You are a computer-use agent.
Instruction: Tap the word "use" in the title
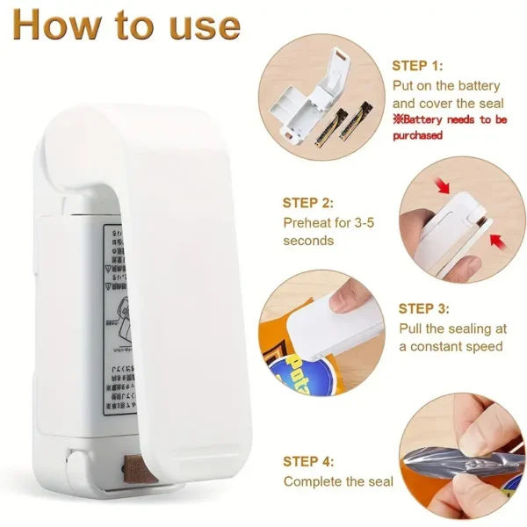(203, 25)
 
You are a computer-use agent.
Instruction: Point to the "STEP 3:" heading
(424, 308)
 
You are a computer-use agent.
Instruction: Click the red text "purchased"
(417, 135)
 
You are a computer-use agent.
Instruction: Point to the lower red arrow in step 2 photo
(497, 239)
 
